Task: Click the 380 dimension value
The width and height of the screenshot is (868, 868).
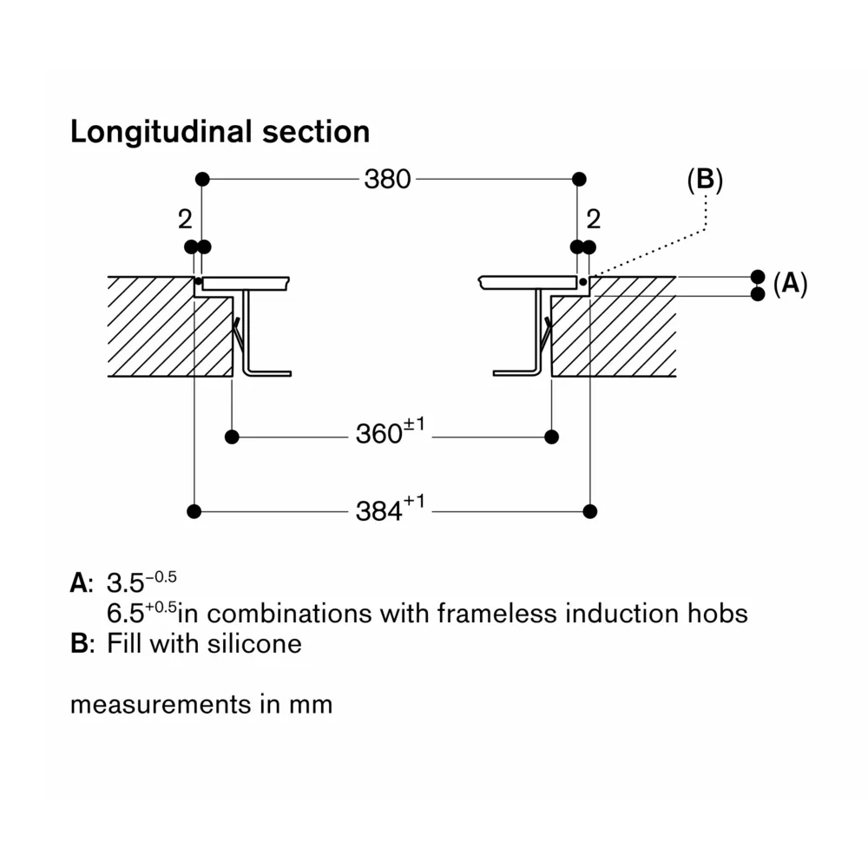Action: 387,180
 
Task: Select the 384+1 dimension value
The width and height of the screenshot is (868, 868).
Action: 389,510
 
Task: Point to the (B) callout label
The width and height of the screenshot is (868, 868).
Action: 704,180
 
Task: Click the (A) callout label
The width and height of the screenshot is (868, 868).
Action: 790,284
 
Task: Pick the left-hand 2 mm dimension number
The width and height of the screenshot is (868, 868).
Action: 185,220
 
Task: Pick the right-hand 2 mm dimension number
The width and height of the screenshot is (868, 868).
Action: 594,219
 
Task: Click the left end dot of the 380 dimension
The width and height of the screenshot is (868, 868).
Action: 202,180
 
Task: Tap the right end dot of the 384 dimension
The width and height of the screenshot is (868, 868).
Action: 590,510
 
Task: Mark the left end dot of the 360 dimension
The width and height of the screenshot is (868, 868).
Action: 232,436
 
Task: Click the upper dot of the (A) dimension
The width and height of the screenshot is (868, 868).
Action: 758,276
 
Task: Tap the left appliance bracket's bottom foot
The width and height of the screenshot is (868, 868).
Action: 269,373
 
